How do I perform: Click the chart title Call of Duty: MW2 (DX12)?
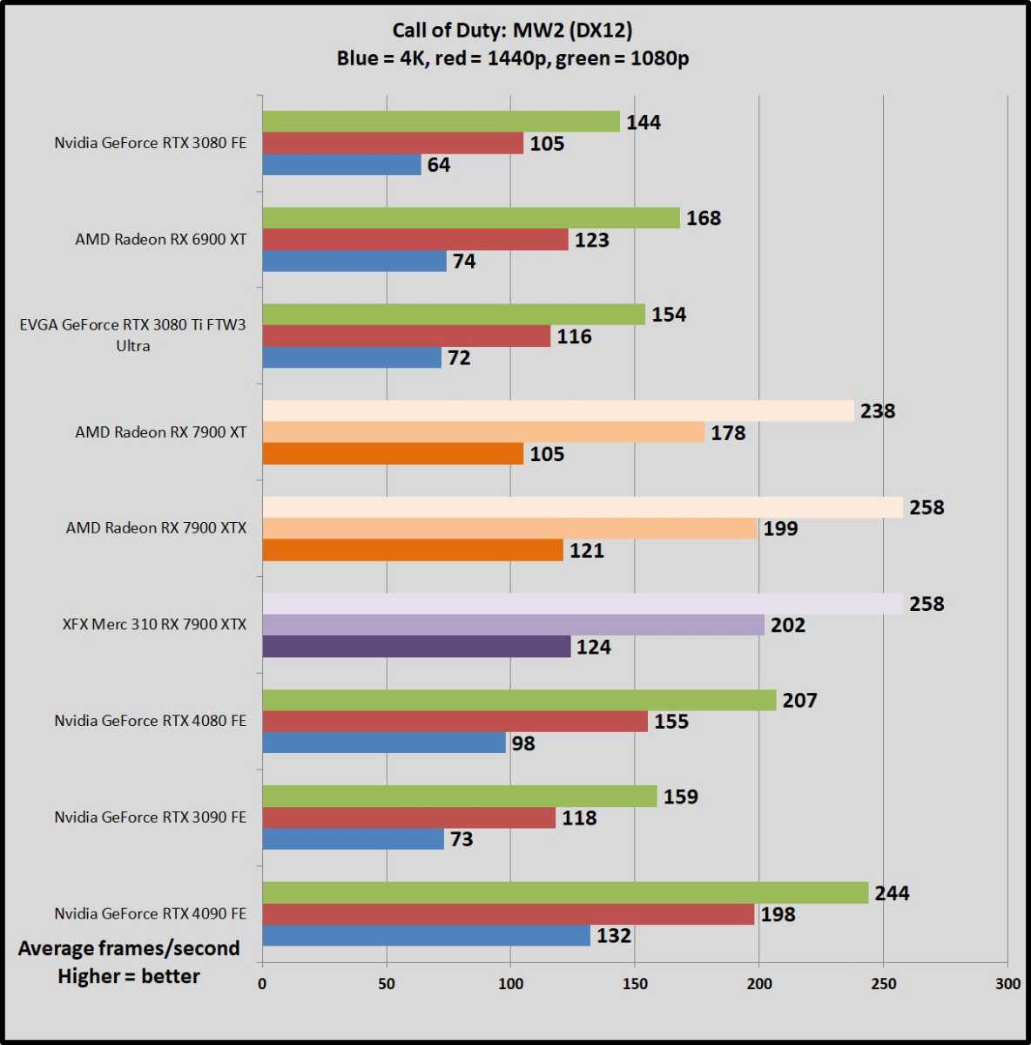(512, 31)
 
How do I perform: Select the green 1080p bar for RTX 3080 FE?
(441, 122)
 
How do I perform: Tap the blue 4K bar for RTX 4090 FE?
(426, 936)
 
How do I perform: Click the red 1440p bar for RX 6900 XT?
(414, 240)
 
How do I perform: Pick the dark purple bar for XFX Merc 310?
(416, 647)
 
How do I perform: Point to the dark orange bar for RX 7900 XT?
(393, 454)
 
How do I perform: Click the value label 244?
(892, 893)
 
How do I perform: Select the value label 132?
(613, 936)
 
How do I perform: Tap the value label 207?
(799, 701)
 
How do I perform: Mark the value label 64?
(439, 166)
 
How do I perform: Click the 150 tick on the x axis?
(635, 984)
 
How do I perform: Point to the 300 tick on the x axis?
(1007, 984)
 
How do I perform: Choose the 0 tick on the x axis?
(262, 984)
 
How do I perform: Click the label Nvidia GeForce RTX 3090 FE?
(150, 818)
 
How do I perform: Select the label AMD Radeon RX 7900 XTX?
(156, 528)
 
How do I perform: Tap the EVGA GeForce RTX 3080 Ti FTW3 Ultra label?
(132, 336)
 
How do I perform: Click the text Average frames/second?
(129, 949)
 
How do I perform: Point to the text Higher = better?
(129, 976)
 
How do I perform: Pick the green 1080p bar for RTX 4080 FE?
(519, 701)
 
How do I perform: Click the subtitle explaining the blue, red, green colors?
(513, 59)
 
